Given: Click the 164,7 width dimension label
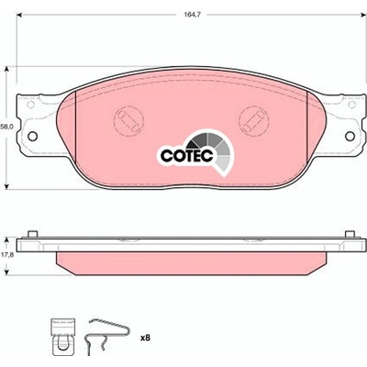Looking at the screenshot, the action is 190,14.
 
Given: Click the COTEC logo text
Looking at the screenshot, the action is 186,156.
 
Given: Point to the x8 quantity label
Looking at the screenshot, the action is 145,338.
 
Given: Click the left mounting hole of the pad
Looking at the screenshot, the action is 32,136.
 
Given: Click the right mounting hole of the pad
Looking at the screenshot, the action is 350,137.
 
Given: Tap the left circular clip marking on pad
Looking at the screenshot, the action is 128,121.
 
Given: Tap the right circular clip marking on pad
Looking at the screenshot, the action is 253,121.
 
